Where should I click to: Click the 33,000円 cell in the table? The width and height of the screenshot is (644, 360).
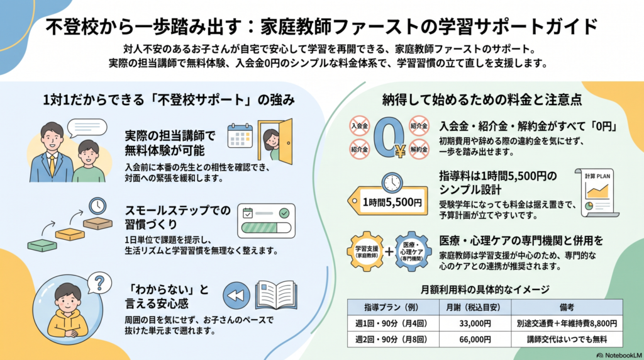coord(475,323)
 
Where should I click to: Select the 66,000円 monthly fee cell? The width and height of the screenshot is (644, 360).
coord(475,339)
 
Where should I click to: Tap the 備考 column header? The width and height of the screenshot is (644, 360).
coord(567,307)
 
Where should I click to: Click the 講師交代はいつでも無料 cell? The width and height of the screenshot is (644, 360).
coord(567,339)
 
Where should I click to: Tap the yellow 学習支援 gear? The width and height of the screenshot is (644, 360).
coord(367,252)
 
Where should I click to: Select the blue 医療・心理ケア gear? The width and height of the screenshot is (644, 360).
coord(413,252)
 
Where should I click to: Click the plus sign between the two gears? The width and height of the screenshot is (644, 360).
coord(389,252)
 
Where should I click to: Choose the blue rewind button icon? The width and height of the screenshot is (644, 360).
coord(236,295)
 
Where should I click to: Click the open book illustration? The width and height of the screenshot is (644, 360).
coord(276,295)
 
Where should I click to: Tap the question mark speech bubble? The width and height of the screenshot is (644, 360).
coord(99,283)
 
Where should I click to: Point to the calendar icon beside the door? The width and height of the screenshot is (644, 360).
coord(240,135)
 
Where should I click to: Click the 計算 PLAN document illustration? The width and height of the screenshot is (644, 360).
coord(597,193)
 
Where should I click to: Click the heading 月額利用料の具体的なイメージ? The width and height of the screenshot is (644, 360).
coord(485,290)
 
